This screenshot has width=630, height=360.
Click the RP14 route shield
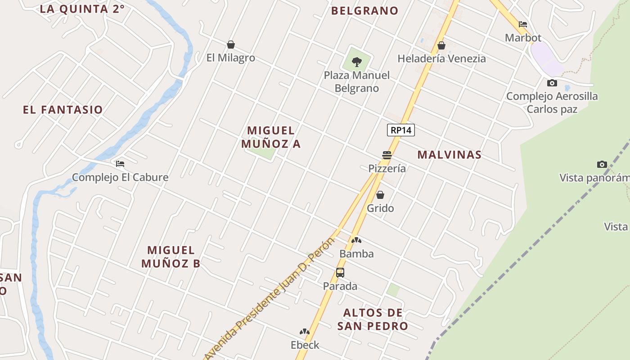pyautogui.click(x=400, y=130)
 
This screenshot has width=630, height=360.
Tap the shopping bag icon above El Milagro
pyautogui.click(x=231, y=45)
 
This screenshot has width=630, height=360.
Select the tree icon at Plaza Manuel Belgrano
pyautogui.click(x=357, y=62)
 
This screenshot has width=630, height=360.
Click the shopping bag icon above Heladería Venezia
pyautogui.click(x=441, y=45)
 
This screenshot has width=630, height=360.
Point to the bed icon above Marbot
pyautogui.click(x=523, y=24)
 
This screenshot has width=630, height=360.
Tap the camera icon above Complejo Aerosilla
pyautogui.click(x=552, y=83)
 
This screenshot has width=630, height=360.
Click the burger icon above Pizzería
pyautogui.click(x=387, y=155)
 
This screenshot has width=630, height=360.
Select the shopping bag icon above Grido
pyautogui.click(x=380, y=195)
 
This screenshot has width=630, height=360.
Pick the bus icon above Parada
pyautogui.click(x=340, y=273)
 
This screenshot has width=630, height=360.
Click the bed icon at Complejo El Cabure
pyautogui.click(x=120, y=164)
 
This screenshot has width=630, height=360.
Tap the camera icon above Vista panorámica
pyautogui.click(x=602, y=164)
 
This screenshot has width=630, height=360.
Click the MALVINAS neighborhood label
pyautogui.click(x=449, y=154)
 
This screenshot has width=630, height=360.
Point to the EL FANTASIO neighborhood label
pyautogui.click(x=63, y=109)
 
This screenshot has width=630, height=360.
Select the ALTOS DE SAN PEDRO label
pyautogui.click(x=373, y=319)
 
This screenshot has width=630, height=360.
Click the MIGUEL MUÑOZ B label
pyautogui.click(x=171, y=256)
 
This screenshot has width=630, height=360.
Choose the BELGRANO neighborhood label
pyautogui.click(x=365, y=10)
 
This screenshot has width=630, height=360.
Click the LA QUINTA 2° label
pyautogui.click(x=82, y=9)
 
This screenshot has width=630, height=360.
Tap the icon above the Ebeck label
pyautogui.click(x=305, y=332)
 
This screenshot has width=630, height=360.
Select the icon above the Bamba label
pyautogui.click(x=356, y=240)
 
